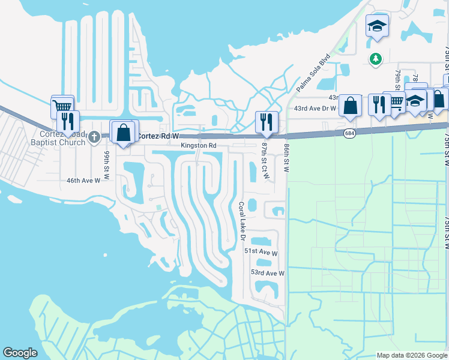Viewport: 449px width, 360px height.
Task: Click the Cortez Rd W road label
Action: click(158, 136)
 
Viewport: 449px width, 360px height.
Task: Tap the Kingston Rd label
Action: click(199, 146)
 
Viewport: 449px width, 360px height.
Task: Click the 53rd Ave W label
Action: click(267, 273)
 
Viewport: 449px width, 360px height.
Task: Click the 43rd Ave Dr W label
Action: click(316, 107)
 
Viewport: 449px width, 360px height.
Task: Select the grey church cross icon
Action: click(93, 137)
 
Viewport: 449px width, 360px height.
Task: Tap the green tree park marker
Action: click(375, 59)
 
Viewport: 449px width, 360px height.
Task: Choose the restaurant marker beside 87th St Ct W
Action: click(265, 122)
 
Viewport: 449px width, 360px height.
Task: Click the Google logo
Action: click(20, 353)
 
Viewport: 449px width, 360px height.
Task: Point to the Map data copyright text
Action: click(411, 355)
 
